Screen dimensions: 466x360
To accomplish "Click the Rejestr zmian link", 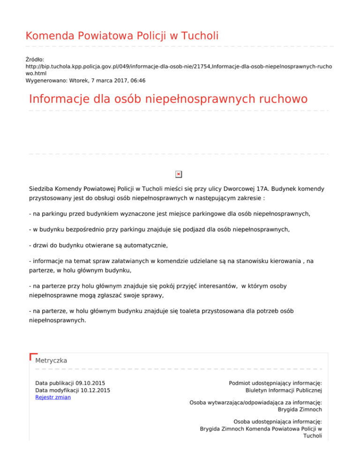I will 53,398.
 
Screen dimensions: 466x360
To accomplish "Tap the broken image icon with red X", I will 178,174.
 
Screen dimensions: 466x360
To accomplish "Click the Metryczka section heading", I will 51,361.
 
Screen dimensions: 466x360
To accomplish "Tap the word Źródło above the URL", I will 34,60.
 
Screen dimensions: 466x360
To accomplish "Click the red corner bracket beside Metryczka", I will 32,357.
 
